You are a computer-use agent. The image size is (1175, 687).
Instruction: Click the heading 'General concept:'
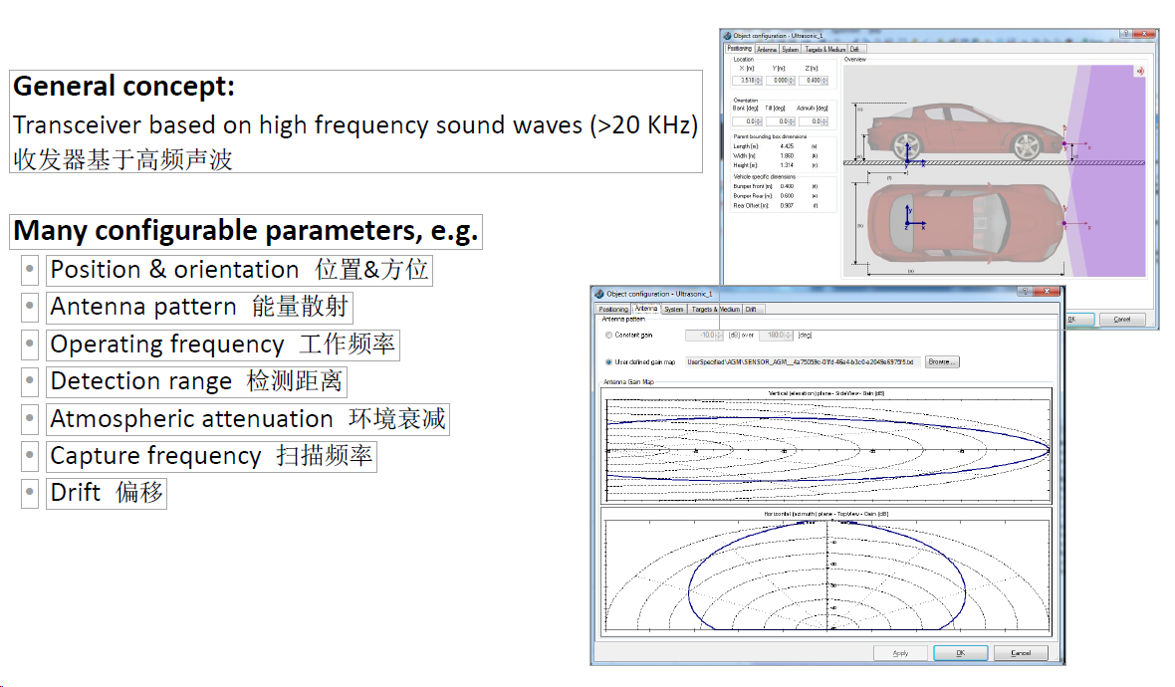click(x=123, y=87)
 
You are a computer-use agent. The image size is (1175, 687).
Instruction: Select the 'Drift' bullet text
click(x=76, y=493)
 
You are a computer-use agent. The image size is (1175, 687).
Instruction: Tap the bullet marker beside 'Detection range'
click(x=30, y=382)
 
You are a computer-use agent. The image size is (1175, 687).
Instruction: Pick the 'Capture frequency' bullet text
click(x=155, y=456)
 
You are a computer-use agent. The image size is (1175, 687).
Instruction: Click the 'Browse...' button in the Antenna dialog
click(x=941, y=361)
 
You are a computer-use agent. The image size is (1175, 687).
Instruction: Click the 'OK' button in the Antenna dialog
click(x=960, y=653)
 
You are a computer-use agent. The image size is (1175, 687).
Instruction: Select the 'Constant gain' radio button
click(x=608, y=336)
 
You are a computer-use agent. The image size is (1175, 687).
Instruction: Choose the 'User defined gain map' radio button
click(x=608, y=361)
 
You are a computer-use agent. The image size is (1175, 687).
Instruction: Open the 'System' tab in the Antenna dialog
click(x=674, y=310)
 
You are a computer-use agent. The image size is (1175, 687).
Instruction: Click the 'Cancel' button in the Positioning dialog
click(x=1121, y=320)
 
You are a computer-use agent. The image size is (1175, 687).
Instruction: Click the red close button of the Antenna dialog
click(x=1048, y=293)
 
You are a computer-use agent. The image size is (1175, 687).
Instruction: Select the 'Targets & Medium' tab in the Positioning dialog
click(x=824, y=49)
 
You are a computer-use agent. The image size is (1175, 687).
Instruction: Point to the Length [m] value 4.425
click(x=787, y=145)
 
